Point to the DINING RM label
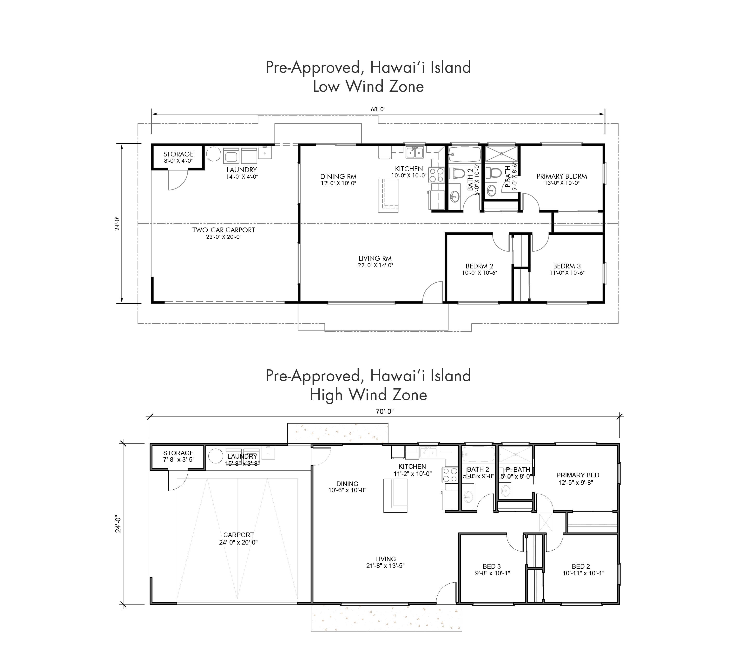[x=338, y=176]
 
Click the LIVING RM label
[x=375, y=258]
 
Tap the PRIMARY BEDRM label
[x=562, y=176]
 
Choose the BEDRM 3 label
[x=567, y=266]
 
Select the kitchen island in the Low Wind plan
[x=388, y=195]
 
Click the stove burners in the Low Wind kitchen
[x=436, y=175]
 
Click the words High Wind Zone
[x=368, y=395]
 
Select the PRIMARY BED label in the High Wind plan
[x=578, y=475]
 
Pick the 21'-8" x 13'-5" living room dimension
[x=385, y=566]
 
